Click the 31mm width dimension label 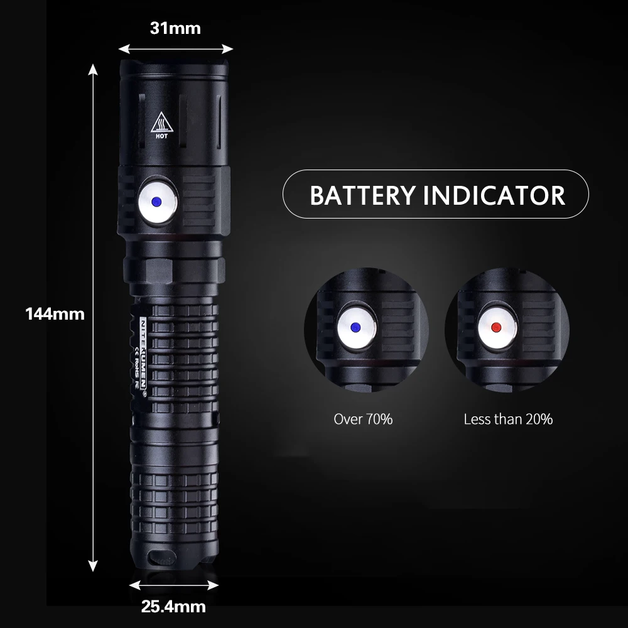point(175,28)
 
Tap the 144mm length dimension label point(55,313)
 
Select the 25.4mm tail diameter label point(173,607)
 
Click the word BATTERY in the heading point(362,195)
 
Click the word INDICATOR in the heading point(494,195)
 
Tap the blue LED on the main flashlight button point(156,202)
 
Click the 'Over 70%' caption point(363,419)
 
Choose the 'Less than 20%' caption point(508,419)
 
